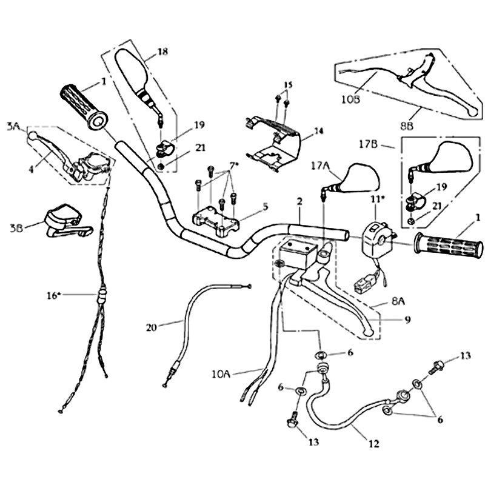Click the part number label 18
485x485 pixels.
[x=161, y=52]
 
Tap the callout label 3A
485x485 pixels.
[x=13, y=127]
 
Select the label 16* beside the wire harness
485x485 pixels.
[x=54, y=295]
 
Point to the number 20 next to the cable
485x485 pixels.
[x=152, y=328]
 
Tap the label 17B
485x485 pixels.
[x=370, y=145]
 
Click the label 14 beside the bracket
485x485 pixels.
[x=319, y=130]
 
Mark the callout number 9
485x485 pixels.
[x=407, y=319]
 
